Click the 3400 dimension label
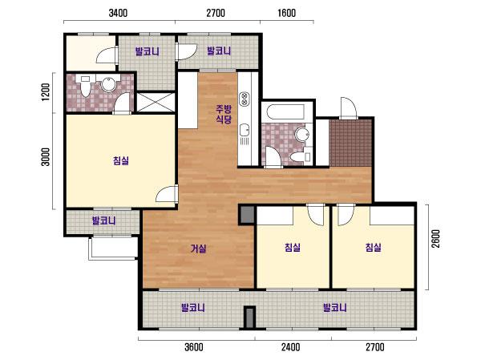click(118, 13)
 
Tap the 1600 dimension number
click(286, 13)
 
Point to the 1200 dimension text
click(46, 92)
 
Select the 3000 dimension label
click(46, 157)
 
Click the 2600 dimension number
click(435, 238)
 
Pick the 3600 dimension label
click(193, 347)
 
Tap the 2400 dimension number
click(290, 347)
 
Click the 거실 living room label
click(199, 249)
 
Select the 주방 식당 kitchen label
click(224, 114)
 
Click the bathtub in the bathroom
click(285, 112)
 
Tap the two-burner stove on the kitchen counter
click(245, 99)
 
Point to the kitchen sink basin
click(245, 130)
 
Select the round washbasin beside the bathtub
click(302, 135)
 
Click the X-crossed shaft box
click(156, 102)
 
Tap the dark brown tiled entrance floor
click(350, 143)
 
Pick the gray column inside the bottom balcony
click(249, 317)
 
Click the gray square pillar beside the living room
click(247, 215)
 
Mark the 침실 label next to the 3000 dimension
click(121, 160)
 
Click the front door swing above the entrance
click(348, 108)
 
